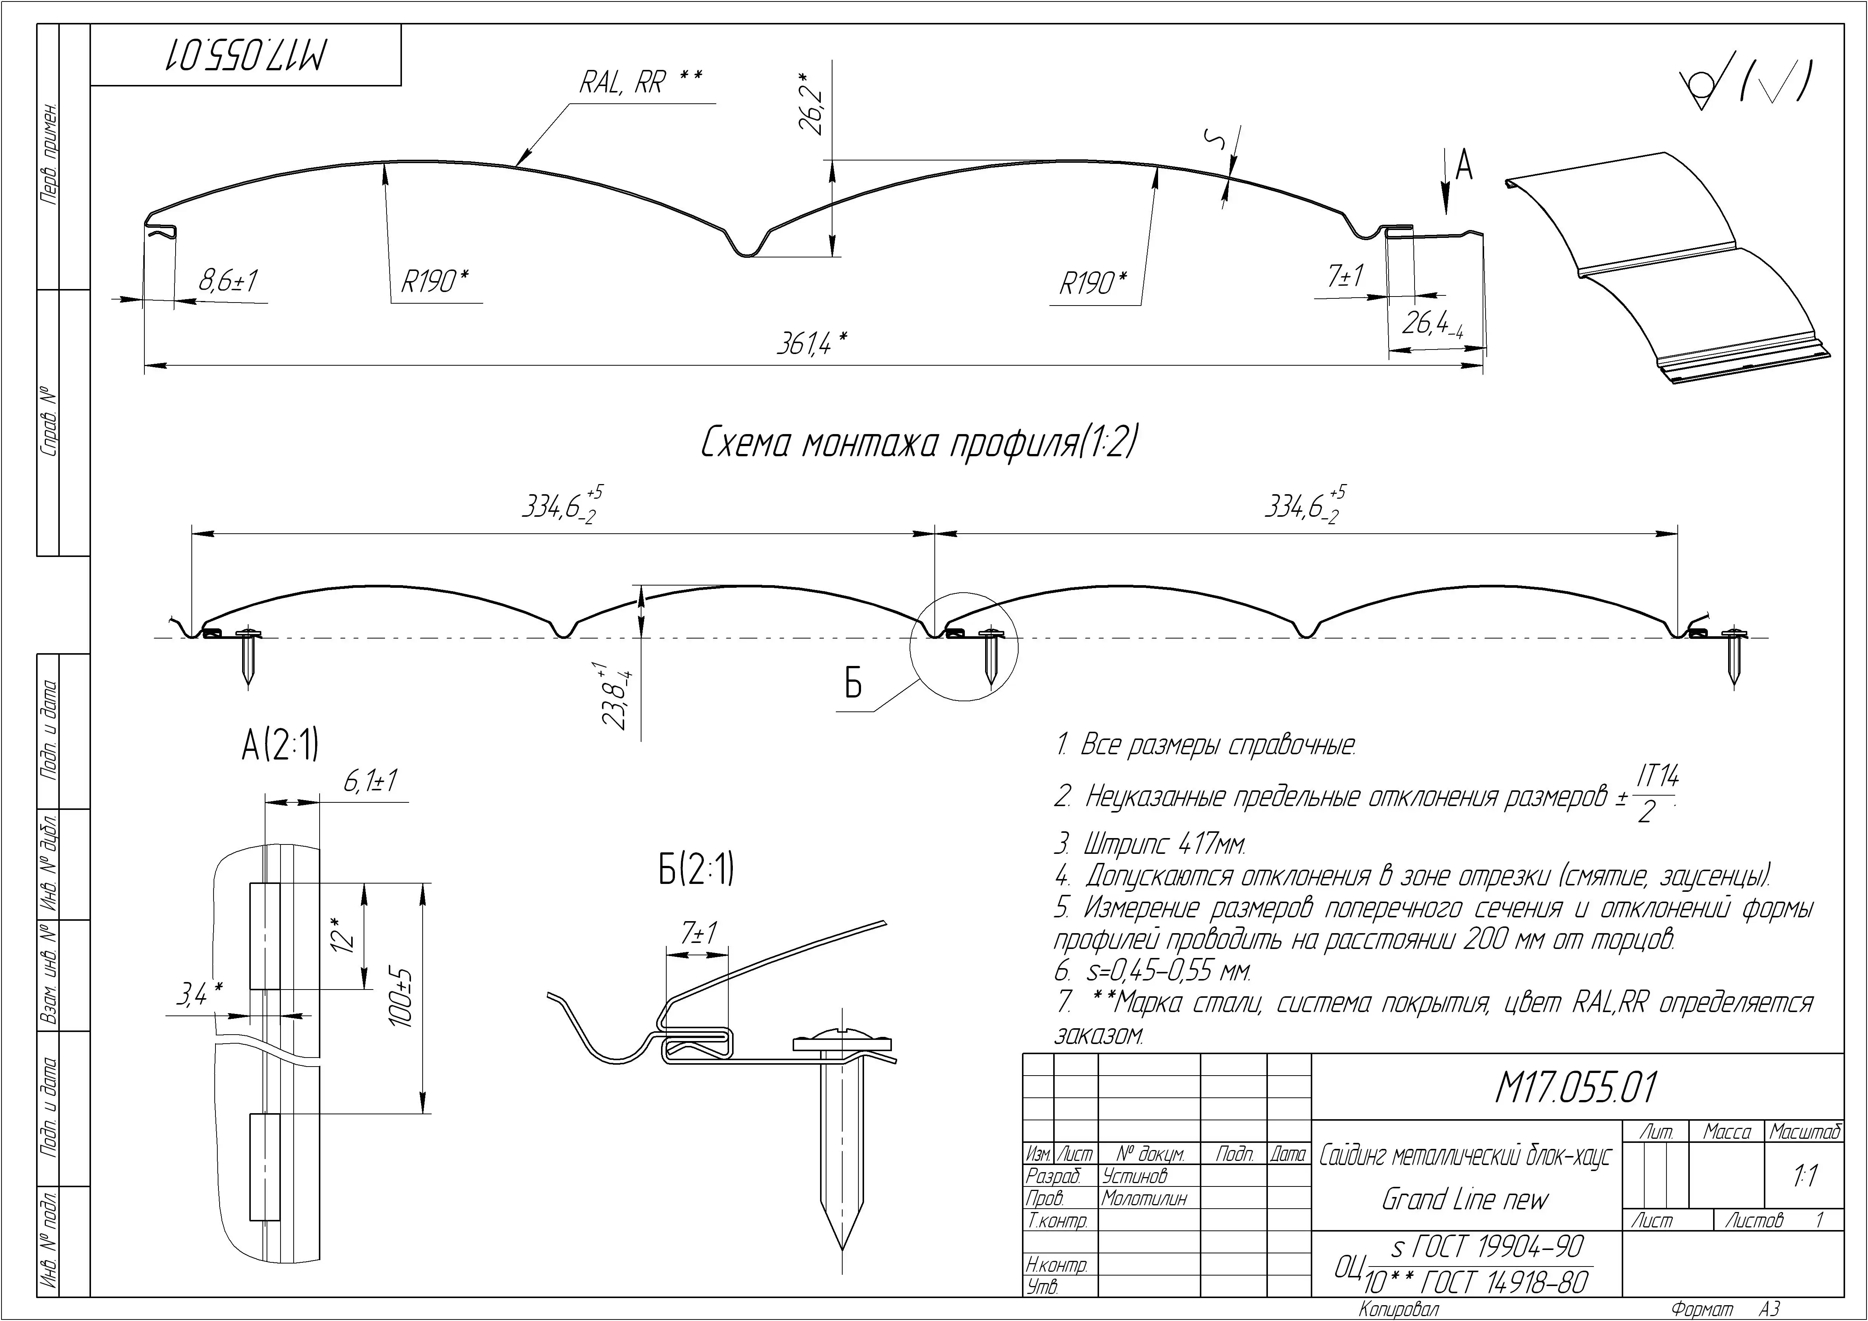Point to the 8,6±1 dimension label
[229, 281]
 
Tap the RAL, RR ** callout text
[640, 82]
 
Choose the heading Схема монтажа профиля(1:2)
[918, 444]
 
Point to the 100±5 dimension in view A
[404, 997]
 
